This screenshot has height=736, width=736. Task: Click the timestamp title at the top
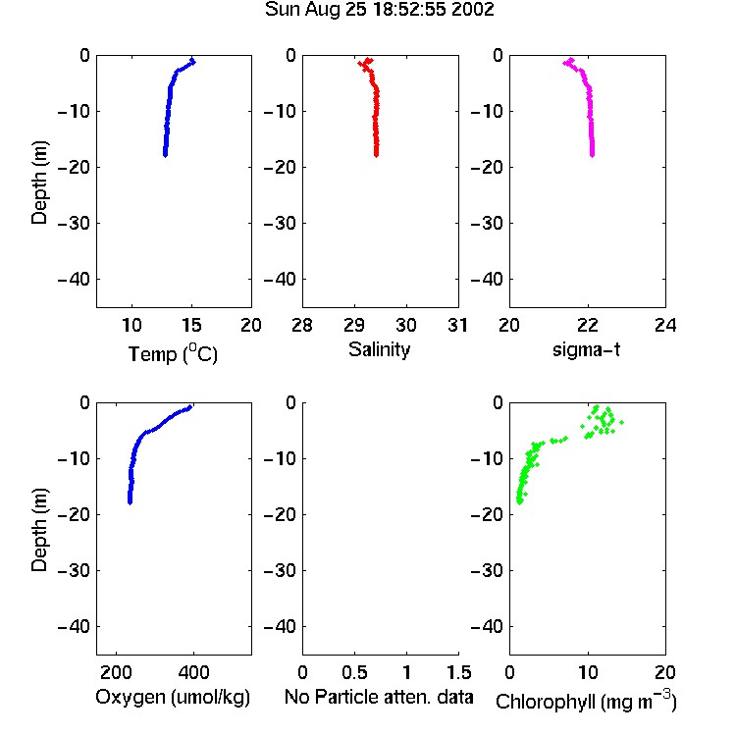tap(379, 10)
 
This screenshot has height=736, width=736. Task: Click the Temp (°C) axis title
tap(173, 353)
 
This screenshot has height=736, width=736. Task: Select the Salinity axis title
tap(379, 349)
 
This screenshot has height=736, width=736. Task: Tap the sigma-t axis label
tap(586, 349)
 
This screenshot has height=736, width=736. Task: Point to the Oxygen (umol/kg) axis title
tap(173, 697)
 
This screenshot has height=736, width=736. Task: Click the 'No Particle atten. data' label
tap(379, 697)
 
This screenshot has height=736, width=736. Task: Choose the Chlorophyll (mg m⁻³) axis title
tap(586, 701)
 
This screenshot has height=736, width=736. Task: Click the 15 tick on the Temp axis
tap(191, 325)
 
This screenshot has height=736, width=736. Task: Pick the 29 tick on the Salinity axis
tap(354, 325)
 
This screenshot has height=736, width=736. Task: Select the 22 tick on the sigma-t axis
tap(587, 325)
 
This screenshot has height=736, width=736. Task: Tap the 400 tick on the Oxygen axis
tap(193, 672)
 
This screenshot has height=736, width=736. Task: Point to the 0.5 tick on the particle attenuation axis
tap(354, 672)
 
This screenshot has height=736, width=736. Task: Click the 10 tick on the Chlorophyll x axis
tap(587, 672)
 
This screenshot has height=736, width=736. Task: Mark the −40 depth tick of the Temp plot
tap(74, 280)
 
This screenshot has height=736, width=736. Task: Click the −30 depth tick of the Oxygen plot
tap(74, 570)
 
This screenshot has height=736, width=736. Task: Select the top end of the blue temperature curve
tap(192, 61)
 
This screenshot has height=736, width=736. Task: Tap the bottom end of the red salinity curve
tap(377, 154)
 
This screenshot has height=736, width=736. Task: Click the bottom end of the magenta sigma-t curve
tap(593, 154)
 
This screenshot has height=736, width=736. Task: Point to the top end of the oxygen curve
tap(189, 407)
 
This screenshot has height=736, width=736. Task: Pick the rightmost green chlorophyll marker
tap(621, 422)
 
